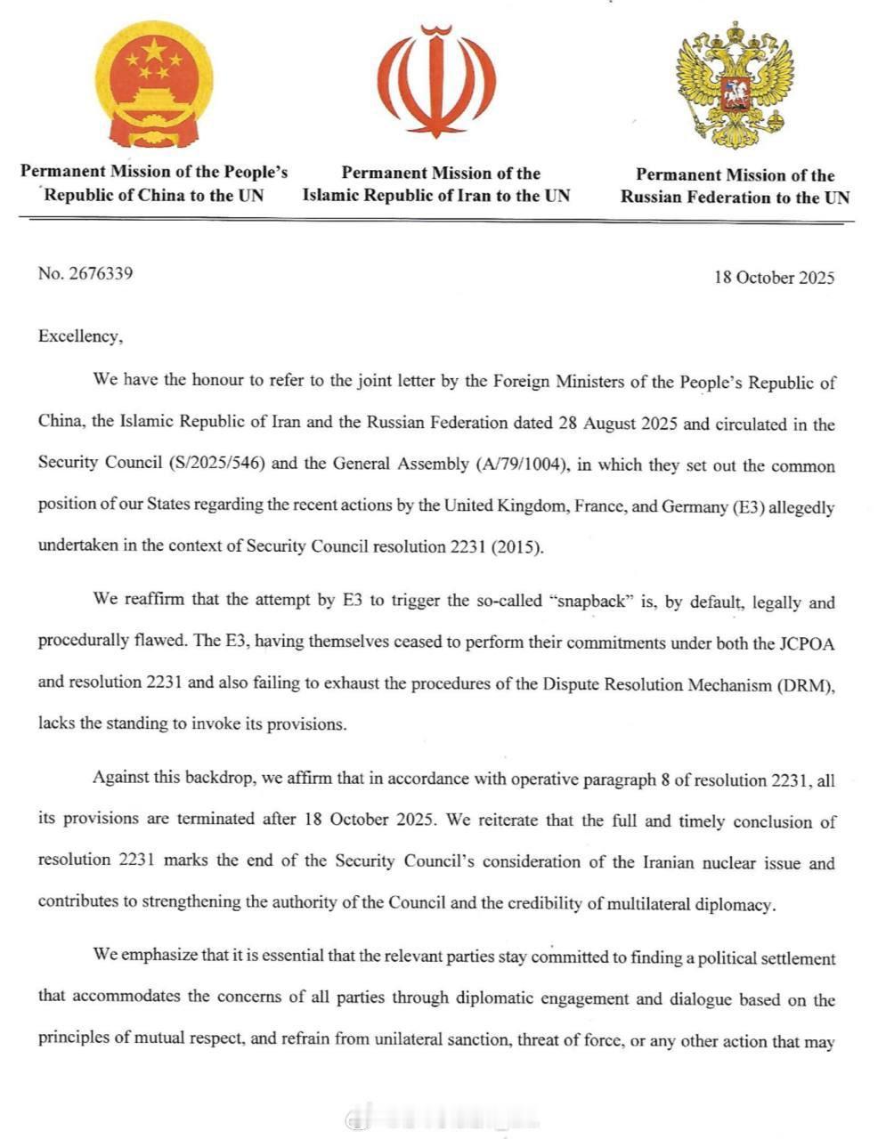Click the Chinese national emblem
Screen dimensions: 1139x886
click(x=154, y=85)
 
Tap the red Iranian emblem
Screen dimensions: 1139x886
click(x=436, y=81)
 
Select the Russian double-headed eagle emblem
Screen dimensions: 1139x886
click(x=735, y=86)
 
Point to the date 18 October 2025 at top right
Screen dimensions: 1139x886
click(x=774, y=278)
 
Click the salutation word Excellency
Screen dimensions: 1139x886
click(x=77, y=336)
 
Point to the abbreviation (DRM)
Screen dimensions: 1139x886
click(x=807, y=685)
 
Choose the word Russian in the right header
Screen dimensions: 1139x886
click(x=660, y=198)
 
